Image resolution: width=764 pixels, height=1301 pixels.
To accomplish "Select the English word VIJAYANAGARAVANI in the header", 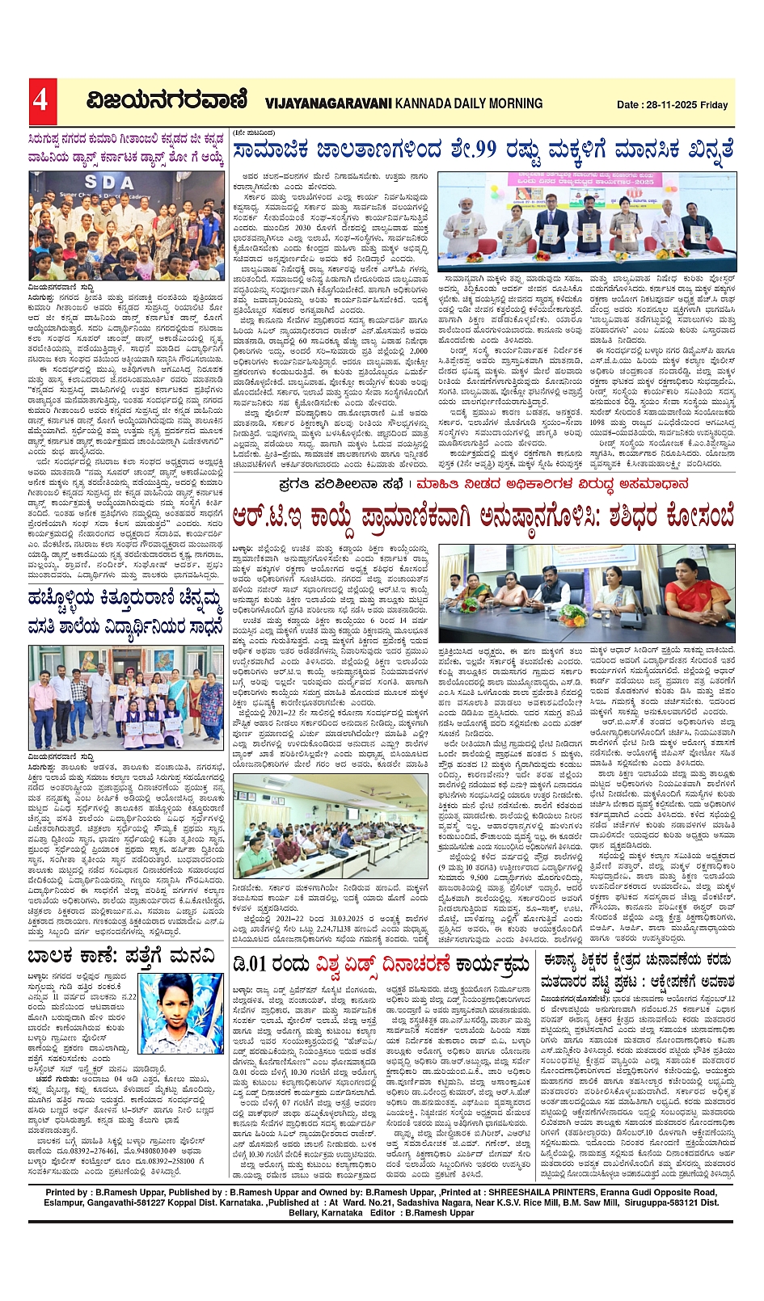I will (x=327, y=103).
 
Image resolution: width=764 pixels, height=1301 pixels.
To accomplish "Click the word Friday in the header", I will (x=715, y=105).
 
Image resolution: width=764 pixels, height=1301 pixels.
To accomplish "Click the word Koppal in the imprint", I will (x=206, y=1202).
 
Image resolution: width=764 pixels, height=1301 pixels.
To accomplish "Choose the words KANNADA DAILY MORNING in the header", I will (x=469, y=103).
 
